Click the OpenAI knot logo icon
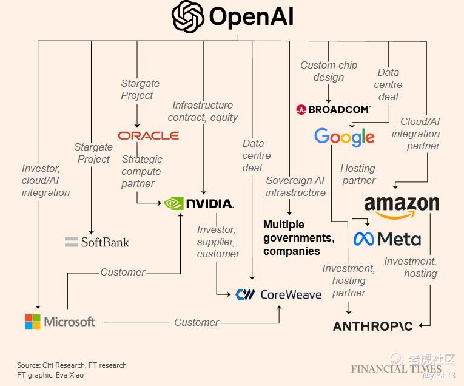point(187,16)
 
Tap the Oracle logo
point(149,135)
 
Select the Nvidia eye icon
point(175,203)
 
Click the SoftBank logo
point(97,242)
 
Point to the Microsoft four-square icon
point(33,322)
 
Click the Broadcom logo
point(333,110)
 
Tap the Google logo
point(344,137)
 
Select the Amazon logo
point(402,205)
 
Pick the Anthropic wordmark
point(372,327)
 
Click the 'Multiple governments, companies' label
point(299,237)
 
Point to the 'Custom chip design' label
point(329,71)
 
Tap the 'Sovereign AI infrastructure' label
point(295,186)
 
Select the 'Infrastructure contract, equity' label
point(203,111)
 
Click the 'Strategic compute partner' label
point(142,171)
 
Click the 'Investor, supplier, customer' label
point(218,242)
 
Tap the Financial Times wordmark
point(396,369)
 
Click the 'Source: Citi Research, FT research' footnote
point(72,365)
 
